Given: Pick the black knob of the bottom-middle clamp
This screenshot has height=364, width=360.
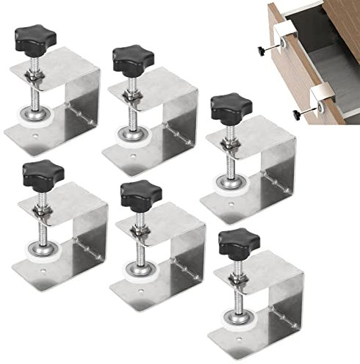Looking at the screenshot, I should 140,192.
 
